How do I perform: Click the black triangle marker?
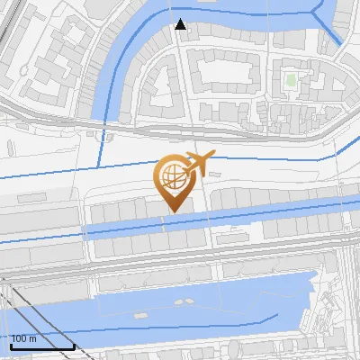click(181, 24)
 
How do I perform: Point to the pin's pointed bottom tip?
click(171, 211)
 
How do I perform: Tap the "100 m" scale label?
click(24, 339)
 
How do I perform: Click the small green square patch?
click(291, 80)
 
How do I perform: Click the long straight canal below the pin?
click(225, 219)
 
